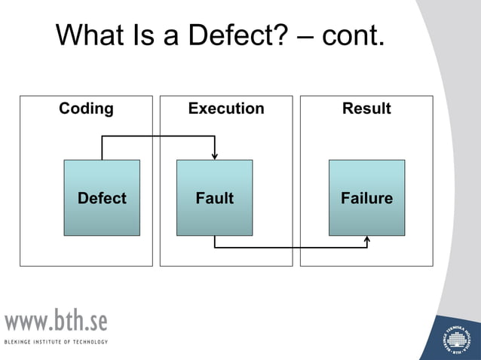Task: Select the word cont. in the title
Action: tap(354, 35)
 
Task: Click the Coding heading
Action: tap(86, 108)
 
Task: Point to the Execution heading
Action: tap(226, 108)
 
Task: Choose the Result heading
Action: tap(366, 108)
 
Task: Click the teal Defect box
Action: tap(102, 197)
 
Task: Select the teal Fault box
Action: tap(215, 197)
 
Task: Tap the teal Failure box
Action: tap(366, 197)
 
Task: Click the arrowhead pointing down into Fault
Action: tap(215, 156)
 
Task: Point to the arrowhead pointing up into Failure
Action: tap(367, 239)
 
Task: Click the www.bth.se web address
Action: tap(57, 321)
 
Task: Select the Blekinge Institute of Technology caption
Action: tap(57, 342)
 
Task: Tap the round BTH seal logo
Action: tap(457, 337)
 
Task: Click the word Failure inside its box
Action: tap(366, 199)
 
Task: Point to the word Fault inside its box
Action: tap(215, 199)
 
